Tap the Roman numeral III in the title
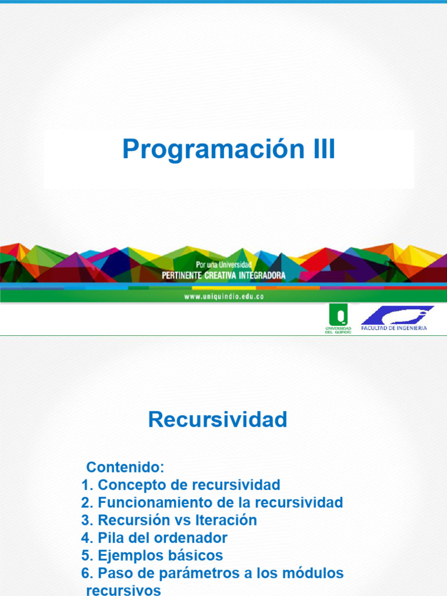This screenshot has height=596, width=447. [x=321, y=150]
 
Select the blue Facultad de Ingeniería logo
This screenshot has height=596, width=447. [x=397, y=318]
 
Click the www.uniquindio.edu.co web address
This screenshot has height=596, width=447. [x=224, y=296]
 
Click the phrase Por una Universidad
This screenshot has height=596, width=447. [x=224, y=265]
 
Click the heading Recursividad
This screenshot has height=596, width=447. [x=218, y=420]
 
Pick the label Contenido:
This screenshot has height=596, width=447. [x=126, y=467]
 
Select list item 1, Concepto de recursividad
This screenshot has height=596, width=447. [x=181, y=485]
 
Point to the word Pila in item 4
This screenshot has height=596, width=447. [x=109, y=537]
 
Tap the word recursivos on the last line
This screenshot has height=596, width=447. [x=123, y=590]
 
